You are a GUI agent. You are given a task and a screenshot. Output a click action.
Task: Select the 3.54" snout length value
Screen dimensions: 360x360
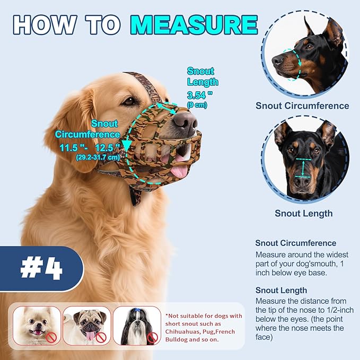199,95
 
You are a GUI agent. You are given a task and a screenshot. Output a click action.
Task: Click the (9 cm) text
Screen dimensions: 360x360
197,105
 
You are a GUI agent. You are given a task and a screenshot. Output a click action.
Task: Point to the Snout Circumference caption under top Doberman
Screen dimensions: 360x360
302,106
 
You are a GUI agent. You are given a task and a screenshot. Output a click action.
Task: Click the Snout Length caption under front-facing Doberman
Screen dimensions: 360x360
303,213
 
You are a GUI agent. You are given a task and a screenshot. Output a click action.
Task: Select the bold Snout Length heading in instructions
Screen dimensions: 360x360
281,290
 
